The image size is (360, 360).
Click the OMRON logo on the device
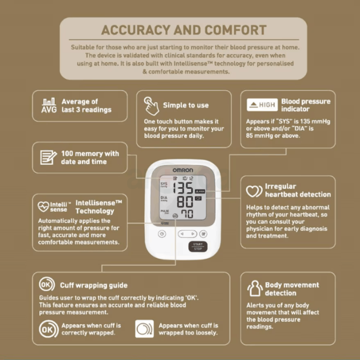[183, 170]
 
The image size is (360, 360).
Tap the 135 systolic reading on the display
[183, 188]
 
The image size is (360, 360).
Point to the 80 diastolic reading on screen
[185, 201]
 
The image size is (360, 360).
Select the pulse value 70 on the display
[186, 214]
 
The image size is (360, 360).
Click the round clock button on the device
[162, 234]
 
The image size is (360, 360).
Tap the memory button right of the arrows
[203, 234]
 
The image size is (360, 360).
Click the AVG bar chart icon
[49, 105]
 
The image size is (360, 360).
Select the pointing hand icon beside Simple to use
[151, 105]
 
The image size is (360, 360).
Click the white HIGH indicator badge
[262, 105]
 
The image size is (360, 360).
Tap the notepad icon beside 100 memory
[48, 157]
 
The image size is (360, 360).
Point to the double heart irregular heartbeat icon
[254, 191]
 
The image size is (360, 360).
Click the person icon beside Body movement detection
[255, 289]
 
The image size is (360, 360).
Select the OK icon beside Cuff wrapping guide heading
[47, 284]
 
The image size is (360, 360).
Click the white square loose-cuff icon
[144, 329]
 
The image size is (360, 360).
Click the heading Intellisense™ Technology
[98, 207]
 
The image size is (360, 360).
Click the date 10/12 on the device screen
[187, 178]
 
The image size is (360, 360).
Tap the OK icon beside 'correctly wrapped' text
[49, 329]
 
